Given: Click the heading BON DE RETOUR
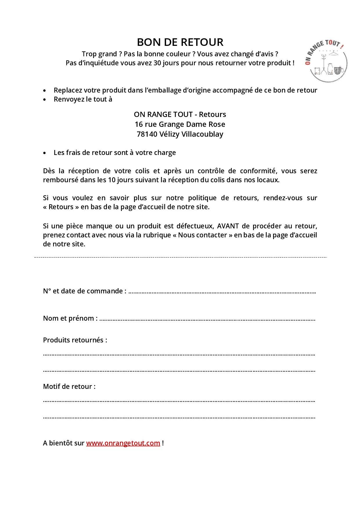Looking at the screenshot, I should (x=180, y=42).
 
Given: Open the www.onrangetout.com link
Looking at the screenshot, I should (x=123, y=443).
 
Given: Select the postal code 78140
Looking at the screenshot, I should (x=147, y=134).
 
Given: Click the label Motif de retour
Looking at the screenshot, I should (x=69, y=387).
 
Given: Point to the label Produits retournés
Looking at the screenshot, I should (x=75, y=340).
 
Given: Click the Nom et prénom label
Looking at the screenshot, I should (x=70, y=318).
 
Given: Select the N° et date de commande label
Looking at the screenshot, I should (x=84, y=291).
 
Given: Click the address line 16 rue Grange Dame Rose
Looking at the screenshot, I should (x=180, y=124).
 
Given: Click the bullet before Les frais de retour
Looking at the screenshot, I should (x=44, y=153).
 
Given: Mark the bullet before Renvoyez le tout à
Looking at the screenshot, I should (x=44, y=100).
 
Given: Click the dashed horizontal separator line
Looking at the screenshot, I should (x=180, y=257).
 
